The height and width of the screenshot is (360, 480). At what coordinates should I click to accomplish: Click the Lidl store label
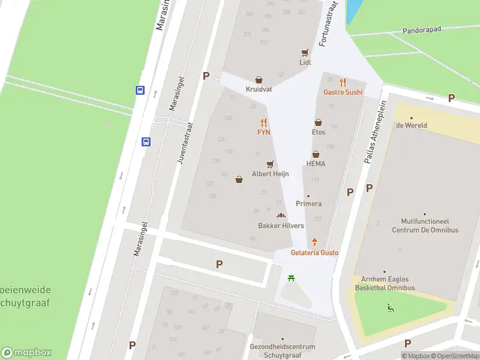pyautogui.click(x=305, y=62)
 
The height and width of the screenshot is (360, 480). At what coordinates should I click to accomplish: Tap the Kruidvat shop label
pyautogui.click(x=259, y=89)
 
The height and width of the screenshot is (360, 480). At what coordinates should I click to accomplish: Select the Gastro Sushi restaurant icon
pyautogui.click(x=343, y=82)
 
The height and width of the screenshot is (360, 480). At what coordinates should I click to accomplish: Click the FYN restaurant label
pyautogui.click(x=263, y=132)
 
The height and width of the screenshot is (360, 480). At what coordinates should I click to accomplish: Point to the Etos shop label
pyautogui.click(x=318, y=132)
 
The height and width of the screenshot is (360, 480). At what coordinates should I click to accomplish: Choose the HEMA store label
pyautogui.click(x=316, y=164)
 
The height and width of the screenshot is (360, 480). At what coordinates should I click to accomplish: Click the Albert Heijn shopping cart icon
pyautogui.click(x=271, y=164)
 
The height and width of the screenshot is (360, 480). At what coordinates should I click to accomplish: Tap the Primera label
pyautogui.click(x=308, y=203)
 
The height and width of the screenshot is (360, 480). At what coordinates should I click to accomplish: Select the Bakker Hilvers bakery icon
pyautogui.click(x=281, y=215)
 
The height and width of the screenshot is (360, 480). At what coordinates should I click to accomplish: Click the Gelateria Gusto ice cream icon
pyautogui.click(x=314, y=242)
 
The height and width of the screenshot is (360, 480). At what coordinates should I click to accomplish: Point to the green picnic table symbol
pyautogui.click(x=291, y=278)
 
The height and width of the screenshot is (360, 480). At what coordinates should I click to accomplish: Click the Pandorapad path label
pyautogui.click(x=421, y=29)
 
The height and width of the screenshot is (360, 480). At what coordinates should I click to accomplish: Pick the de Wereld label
pyautogui.click(x=411, y=125)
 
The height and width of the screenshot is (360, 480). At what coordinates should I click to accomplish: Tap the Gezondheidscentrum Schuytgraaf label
pyautogui.click(x=282, y=350)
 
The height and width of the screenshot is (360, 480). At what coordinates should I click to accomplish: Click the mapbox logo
pyautogui.click(x=26, y=353)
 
